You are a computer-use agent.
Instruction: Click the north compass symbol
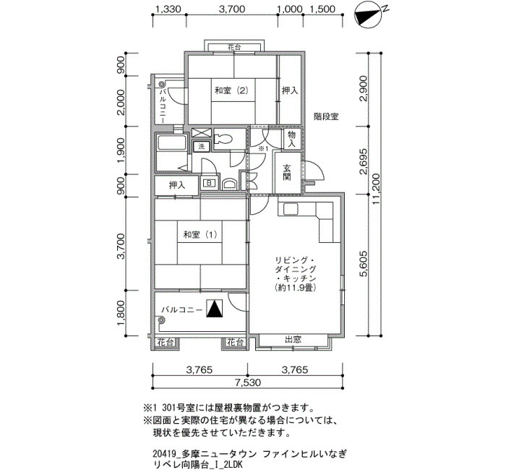point(367,15)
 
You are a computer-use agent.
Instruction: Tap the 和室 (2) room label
point(231,90)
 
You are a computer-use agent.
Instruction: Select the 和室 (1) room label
point(200,235)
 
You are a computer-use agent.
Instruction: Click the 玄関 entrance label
point(287,173)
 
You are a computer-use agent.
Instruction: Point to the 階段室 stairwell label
point(326,116)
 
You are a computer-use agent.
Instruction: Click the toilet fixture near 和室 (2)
point(223,139)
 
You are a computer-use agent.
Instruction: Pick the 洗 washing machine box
point(202,147)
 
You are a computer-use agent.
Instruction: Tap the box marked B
point(209,183)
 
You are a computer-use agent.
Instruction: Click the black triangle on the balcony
point(215,308)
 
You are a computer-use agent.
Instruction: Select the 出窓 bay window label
point(293,340)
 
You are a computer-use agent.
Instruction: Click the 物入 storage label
point(292,139)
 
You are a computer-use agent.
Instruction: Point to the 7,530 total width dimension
point(248,383)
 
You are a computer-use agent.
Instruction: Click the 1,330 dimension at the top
point(168,9)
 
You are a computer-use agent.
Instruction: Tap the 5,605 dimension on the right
point(364,263)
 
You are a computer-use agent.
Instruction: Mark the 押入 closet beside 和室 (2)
point(290,90)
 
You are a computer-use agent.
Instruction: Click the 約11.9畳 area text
point(294,287)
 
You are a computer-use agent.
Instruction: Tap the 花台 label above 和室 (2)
point(234,48)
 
